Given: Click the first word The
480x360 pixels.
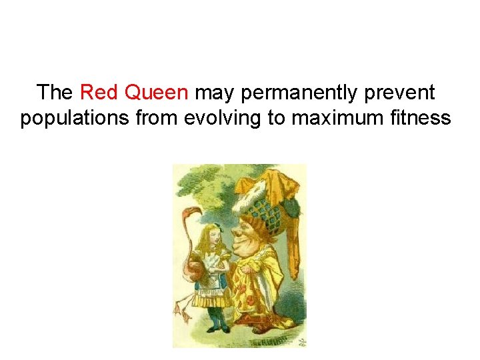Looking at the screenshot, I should pyautogui.click(x=55, y=92).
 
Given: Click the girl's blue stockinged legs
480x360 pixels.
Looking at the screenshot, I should pyautogui.click(x=215, y=317).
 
